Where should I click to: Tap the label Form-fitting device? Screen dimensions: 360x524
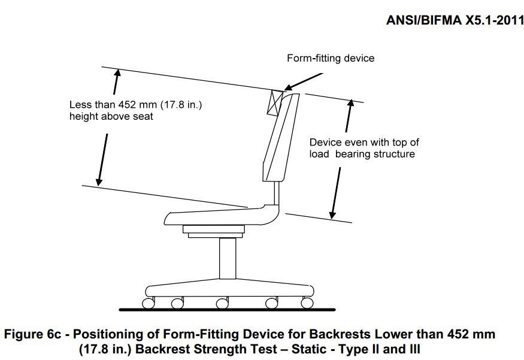point(331,58)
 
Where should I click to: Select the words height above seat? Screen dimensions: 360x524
point(111,116)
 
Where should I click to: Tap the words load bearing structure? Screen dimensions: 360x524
point(362,154)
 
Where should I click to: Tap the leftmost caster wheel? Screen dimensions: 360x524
point(147,303)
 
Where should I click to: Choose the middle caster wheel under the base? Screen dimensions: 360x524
point(222,304)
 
